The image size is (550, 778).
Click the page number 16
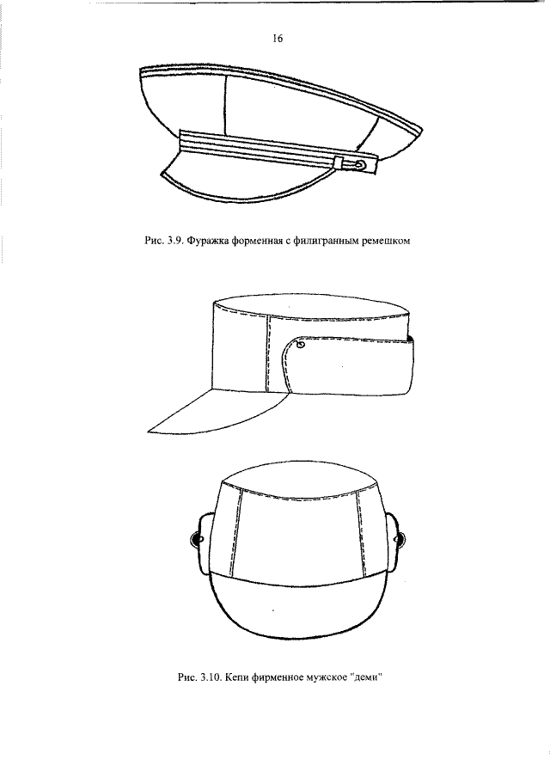pyautogui.click(x=278, y=39)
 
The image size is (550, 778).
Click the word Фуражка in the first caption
pyautogui.click(x=208, y=242)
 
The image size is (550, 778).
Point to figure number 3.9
pyautogui.click(x=174, y=242)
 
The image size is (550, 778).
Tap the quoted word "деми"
pyautogui.click(x=369, y=677)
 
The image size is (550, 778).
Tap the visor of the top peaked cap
pyautogui.click(x=248, y=185)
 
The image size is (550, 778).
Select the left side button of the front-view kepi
pyautogui.click(x=197, y=538)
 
